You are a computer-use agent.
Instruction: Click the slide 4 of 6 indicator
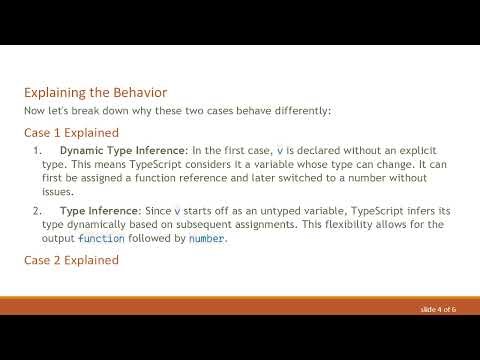438,311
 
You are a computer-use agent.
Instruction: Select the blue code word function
102,240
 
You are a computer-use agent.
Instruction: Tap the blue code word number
207,240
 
